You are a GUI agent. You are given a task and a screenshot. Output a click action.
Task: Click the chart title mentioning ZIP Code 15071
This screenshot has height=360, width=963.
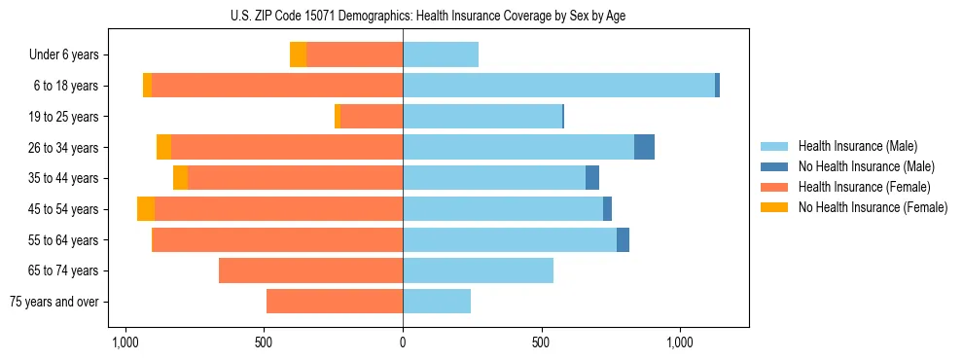coord(481,16)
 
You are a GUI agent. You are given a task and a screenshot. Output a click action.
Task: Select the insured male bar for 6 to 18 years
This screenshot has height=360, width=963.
coord(558,86)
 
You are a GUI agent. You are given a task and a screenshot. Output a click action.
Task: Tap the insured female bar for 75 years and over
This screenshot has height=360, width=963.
coord(335,302)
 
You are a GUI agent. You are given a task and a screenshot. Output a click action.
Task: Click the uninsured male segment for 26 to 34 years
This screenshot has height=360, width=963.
coord(644,147)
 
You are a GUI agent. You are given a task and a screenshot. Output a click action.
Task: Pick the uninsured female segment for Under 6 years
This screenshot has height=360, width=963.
coord(298,54)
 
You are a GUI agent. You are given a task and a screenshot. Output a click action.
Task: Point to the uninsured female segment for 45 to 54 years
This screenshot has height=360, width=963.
coord(146,209)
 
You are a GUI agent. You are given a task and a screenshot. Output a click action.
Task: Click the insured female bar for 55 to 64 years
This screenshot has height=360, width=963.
coord(277,240)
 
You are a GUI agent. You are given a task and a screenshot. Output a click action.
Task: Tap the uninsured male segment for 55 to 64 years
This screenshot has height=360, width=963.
coord(623,240)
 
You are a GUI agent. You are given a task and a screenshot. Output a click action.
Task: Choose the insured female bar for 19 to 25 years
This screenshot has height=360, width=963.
coord(372,117)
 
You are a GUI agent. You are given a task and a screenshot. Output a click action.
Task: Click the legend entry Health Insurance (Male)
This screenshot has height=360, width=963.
coord(857,146)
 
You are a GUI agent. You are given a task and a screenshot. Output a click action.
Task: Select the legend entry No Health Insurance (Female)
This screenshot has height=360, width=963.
coord(873,207)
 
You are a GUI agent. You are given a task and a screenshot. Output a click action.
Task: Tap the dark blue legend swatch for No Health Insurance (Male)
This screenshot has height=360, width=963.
coord(775,166)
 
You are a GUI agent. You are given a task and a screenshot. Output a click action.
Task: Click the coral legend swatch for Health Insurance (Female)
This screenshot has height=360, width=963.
coord(775,187)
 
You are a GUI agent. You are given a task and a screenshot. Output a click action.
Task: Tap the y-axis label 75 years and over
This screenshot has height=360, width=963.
coord(54,302)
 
